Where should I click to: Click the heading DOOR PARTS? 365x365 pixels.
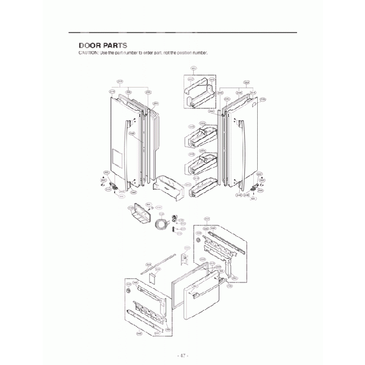pyautogui.click(x=103, y=45)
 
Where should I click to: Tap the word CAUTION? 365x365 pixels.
pyautogui.click(x=88, y=53)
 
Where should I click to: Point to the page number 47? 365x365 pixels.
pyautogui.click(x=182, y=355)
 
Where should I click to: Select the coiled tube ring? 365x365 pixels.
pyautogui.click(x=161, y=225)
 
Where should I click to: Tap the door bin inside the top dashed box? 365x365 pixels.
pyautogui.click(x=200, y=94)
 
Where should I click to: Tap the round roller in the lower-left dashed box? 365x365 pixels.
pyautogui.click(x=129, y=293)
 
